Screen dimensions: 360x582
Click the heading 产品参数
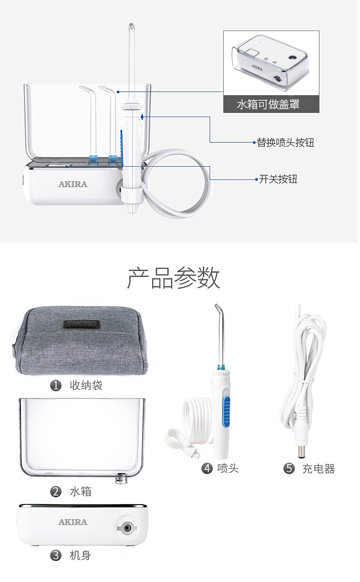tap(174, 278)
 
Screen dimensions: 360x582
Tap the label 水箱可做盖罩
tap(268, 104)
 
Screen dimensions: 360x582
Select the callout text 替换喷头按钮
tap(285, 143)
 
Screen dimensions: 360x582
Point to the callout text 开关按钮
tap(278, 179)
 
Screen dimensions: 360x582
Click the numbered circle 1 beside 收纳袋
tap(56, 385)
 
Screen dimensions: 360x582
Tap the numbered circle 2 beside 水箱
tap(56, 491)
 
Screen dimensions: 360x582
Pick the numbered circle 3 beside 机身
tap(56, 556)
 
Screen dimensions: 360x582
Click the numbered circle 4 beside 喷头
tap(207, 469)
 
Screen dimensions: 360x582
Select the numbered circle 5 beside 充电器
tap(289, 469)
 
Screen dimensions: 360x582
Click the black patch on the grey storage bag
tap(82, 324)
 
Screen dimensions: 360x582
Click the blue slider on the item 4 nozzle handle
tap(226, 412)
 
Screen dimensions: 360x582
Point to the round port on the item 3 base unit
tap(127, 528)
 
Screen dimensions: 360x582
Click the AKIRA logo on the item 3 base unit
tap(73, 522)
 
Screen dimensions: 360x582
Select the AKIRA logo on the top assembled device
tap(73, 184)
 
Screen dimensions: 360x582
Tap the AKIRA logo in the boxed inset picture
tap(257, 67)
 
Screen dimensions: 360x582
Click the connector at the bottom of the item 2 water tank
tap(121, 478)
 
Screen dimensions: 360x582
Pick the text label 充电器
tap(319, 469)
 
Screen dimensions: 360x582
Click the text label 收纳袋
tap(86, 385)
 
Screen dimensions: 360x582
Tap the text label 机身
tap(80, 556)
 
